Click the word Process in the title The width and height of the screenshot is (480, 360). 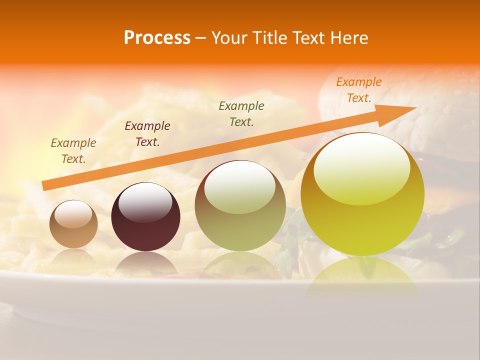[157, 37]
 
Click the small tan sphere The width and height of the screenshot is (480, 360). [73, 223]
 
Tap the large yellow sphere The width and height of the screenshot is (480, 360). [362, 200]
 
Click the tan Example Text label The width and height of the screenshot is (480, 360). [73, 151]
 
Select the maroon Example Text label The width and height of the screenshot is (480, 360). [147, 134]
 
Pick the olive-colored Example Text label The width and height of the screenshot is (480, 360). [241, 113]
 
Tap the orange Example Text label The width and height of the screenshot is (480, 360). [359, 90]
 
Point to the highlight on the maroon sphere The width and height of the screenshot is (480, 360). [145, 202]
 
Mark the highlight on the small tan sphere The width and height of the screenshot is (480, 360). [73, 214]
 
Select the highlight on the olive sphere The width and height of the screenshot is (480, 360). [240, 187]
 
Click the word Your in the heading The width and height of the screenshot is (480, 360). [228, 37]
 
